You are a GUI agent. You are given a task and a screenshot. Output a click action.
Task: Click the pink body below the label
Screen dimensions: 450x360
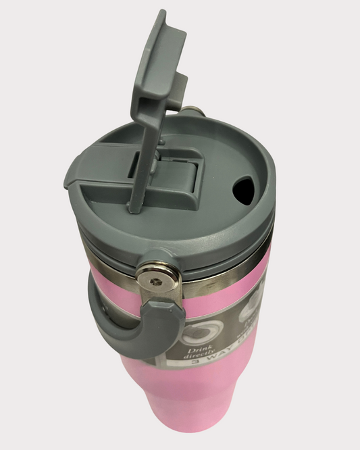(196, 419)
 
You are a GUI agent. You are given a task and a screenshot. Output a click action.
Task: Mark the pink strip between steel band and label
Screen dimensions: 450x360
(223, 297)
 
